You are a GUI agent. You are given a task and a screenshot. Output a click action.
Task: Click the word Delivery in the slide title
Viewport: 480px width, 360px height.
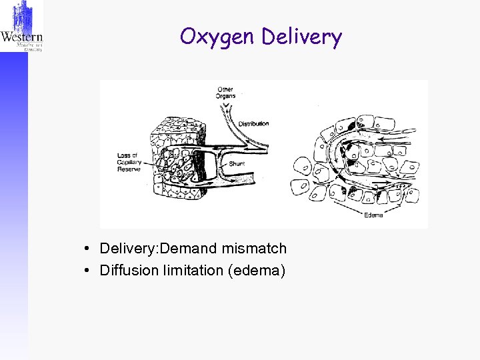(301, 37)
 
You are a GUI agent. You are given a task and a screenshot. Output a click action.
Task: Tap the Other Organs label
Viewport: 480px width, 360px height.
(225, 93)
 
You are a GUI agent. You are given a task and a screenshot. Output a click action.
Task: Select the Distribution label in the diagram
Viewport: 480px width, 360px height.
(254, 123)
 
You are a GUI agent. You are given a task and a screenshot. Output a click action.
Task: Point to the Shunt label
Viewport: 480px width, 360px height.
(237, 163)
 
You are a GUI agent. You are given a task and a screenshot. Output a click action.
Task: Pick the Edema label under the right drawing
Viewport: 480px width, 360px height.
(373, 215)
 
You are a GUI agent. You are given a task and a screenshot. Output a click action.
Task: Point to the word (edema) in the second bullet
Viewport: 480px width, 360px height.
(257, 270)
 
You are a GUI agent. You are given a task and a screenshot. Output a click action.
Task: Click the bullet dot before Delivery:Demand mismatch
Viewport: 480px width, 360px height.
(88, 249)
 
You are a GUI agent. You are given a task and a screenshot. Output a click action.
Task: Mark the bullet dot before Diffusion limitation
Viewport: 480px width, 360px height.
(88, 270)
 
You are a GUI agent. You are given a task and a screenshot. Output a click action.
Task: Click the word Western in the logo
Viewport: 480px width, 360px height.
(21, 38)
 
